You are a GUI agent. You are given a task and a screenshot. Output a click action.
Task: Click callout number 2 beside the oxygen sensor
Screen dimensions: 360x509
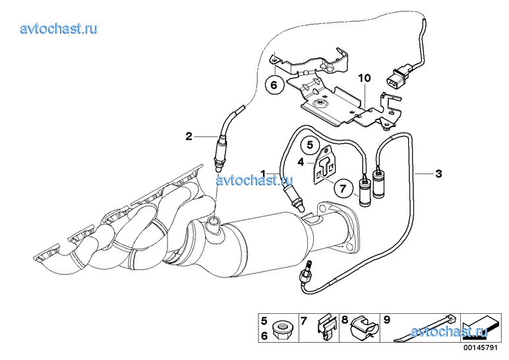(189, 136)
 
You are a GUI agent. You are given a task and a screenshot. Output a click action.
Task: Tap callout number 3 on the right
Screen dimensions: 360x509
(438, 173)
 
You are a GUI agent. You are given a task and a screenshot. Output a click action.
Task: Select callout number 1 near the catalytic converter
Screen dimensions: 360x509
(263, 173)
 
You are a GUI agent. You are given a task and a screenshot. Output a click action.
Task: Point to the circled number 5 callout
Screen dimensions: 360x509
(310, 143)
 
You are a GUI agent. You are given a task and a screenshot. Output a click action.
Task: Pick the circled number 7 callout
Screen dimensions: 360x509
(343, 188)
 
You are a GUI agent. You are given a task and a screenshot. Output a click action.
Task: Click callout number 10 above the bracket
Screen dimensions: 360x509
(365, 78)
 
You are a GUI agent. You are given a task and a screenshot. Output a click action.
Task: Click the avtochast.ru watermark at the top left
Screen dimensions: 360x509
(59, 28)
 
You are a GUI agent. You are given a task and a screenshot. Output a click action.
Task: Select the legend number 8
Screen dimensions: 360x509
(344, 320)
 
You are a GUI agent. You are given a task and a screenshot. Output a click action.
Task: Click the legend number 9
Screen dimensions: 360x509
(387, 320)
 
